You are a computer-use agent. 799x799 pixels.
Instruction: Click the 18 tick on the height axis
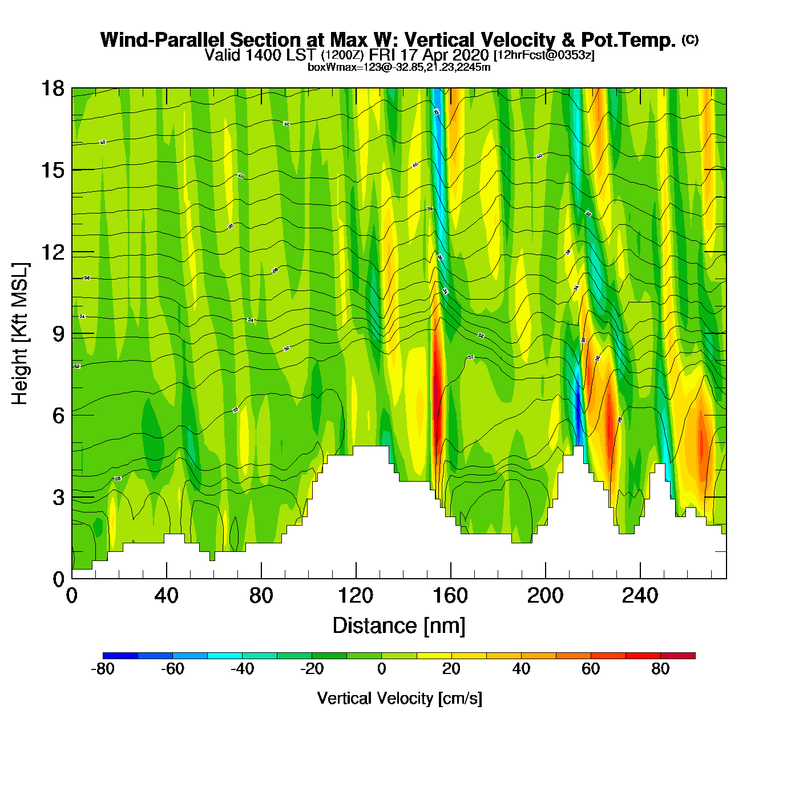pos(52,88)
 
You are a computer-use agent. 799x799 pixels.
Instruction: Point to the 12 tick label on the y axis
pos(52,252)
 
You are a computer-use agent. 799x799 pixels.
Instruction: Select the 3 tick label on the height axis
pos(58,498)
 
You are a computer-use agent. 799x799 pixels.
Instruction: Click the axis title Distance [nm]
pos(399,626)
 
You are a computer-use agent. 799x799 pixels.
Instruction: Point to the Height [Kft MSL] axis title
pos(20,334)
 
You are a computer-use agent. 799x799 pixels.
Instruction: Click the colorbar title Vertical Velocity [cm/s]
pos(399,699)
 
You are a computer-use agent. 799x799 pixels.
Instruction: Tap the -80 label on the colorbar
pos(103,669)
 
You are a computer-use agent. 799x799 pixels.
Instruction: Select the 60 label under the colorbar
pos(591,669)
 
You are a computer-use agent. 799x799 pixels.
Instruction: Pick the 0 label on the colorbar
pos(381,669)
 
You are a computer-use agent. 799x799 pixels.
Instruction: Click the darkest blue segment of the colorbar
pos(120,655)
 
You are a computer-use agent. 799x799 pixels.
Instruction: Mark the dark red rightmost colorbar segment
pos(678,655)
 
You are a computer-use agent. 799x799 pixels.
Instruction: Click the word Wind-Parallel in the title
pos(163,40)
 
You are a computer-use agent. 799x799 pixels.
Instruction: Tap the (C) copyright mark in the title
pos(690,39)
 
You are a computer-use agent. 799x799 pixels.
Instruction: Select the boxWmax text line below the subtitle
pos(399,67)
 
